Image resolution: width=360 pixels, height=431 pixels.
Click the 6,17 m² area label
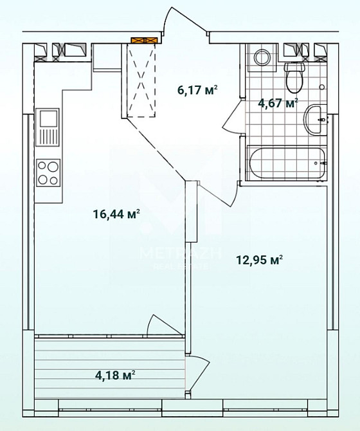pyautogui.click(x=197, y=91)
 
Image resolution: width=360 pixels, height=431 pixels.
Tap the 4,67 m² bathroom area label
pyautogui.click(x=278, y=103)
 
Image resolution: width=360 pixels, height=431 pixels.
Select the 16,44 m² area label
pyautogui.click(x=116, y=214)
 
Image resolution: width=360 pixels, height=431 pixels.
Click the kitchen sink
pyautogui.click(x=48, y=127)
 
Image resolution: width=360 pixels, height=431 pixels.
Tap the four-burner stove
pyautogui.click(x=48, y=172)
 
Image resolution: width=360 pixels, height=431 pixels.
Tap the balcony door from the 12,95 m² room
pyautogui.click(x=199, y=373)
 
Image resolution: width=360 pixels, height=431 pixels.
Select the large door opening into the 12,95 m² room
pyautogui.click(x=212, y=193)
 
